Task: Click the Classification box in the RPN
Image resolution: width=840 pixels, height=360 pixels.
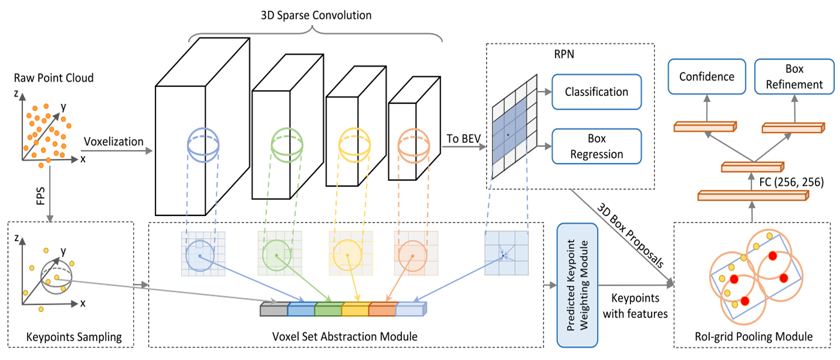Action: coord(596,92)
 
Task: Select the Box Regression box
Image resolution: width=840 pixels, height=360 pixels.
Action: coord(596,146)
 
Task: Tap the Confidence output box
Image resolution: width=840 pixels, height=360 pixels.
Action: coord(707,77)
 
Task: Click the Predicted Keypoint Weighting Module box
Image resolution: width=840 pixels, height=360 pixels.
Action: coord(578,285)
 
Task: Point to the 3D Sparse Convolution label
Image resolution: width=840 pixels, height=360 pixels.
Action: coord(316,15)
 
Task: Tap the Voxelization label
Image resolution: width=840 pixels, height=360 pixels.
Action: coord(113,142)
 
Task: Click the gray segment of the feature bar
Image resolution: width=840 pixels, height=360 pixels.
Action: coord(274,310)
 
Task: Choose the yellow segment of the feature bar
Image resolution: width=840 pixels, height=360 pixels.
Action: coord(355,310)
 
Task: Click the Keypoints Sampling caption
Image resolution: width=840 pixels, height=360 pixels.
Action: coord(74,337)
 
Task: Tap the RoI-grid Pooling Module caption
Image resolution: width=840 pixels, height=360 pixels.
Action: coord(752,337)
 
